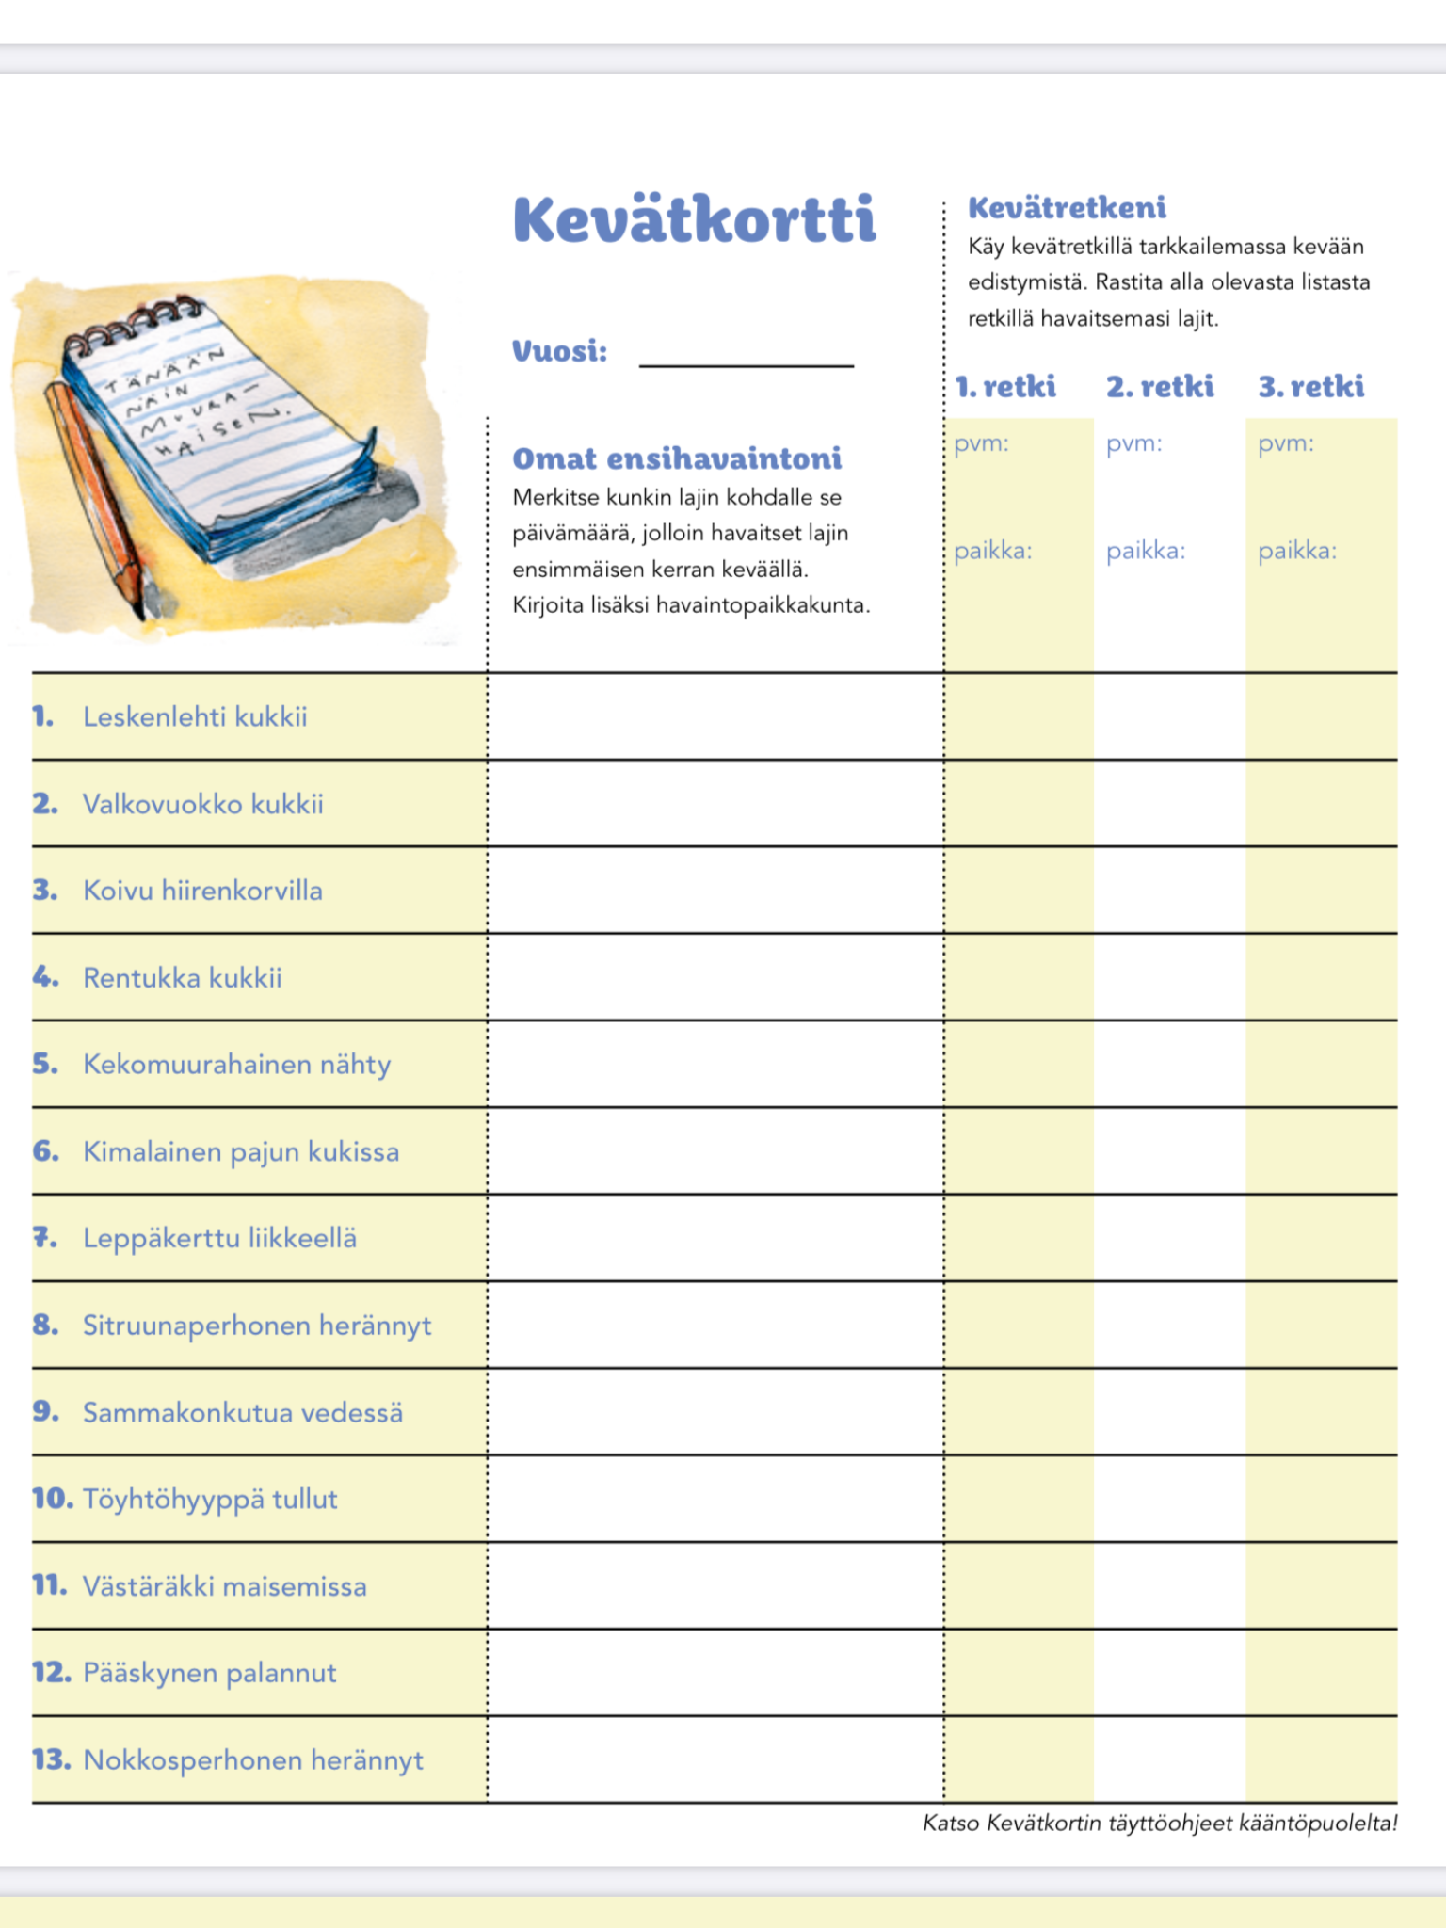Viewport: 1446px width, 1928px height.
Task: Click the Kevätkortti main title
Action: coord(695,220)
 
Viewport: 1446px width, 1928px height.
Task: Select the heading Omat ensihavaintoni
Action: coord(677,458)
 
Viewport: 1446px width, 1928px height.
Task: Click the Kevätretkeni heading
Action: coord(1067,208)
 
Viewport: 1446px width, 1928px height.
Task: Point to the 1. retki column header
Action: coord(1005,386)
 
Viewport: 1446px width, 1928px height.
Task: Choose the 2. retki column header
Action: coord(1160,386)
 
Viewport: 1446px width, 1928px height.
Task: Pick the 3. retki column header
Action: coord(1311,386)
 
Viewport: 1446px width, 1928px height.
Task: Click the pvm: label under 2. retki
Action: coord(1133,443)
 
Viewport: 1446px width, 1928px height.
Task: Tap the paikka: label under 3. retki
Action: coord(1297,551)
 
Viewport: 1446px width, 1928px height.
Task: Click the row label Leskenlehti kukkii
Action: coord(195,717)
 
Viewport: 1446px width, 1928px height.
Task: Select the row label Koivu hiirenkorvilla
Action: coord(202,891)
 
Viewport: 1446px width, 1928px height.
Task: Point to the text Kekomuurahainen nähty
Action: coord(236,1065)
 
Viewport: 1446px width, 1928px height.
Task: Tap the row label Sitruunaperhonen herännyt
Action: coord(257,1325)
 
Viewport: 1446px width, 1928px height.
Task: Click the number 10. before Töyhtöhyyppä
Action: coord(53,1499)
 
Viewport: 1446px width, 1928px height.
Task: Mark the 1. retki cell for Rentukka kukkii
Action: coord(1019,977)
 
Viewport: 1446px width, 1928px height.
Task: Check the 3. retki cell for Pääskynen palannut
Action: coord(1321,1673)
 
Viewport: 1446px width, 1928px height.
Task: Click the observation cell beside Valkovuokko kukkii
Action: coord(715,804)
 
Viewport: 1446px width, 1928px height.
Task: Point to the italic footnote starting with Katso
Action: coord(1160,1824)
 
